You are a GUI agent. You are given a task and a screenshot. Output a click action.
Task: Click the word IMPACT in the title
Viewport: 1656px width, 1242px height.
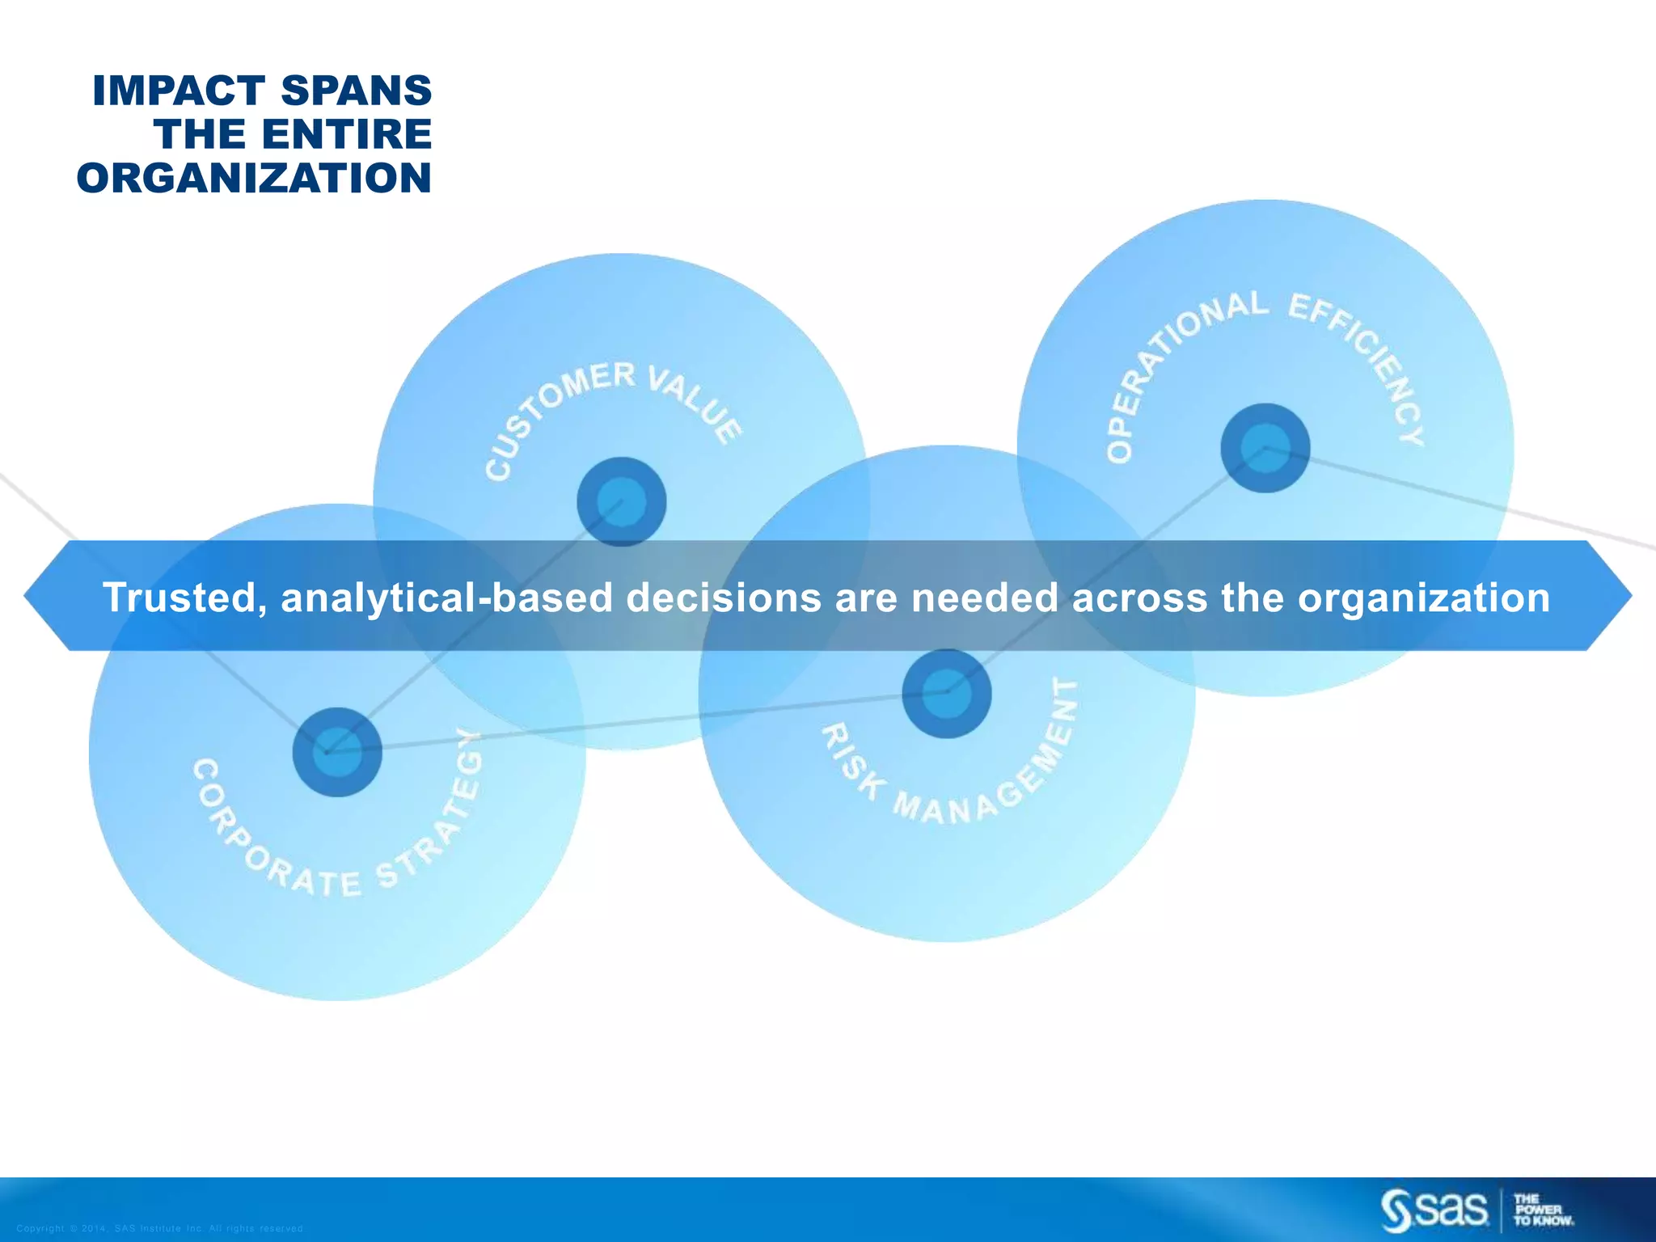[x=179, y=91]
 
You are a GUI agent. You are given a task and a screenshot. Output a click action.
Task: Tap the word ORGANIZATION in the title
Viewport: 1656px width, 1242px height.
[x=254, y=178]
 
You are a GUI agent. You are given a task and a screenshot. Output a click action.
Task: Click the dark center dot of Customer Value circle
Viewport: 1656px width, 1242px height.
[x=621, y=502]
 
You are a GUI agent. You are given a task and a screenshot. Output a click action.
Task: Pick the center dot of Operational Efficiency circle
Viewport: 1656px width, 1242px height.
[x=1265, y=448]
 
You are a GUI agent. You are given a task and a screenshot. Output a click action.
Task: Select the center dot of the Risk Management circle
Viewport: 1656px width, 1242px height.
[x=946, y=693]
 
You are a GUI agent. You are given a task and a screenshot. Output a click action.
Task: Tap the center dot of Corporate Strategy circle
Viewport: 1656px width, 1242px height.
[x=336, y=752]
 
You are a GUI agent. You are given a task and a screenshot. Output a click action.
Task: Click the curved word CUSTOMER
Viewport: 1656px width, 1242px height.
[x=553, y=412]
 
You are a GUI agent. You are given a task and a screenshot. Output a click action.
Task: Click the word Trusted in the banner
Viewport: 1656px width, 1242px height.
[x=184, y=598]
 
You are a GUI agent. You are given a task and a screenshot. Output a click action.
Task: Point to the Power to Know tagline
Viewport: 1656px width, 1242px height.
[x=1543, y=1210]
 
